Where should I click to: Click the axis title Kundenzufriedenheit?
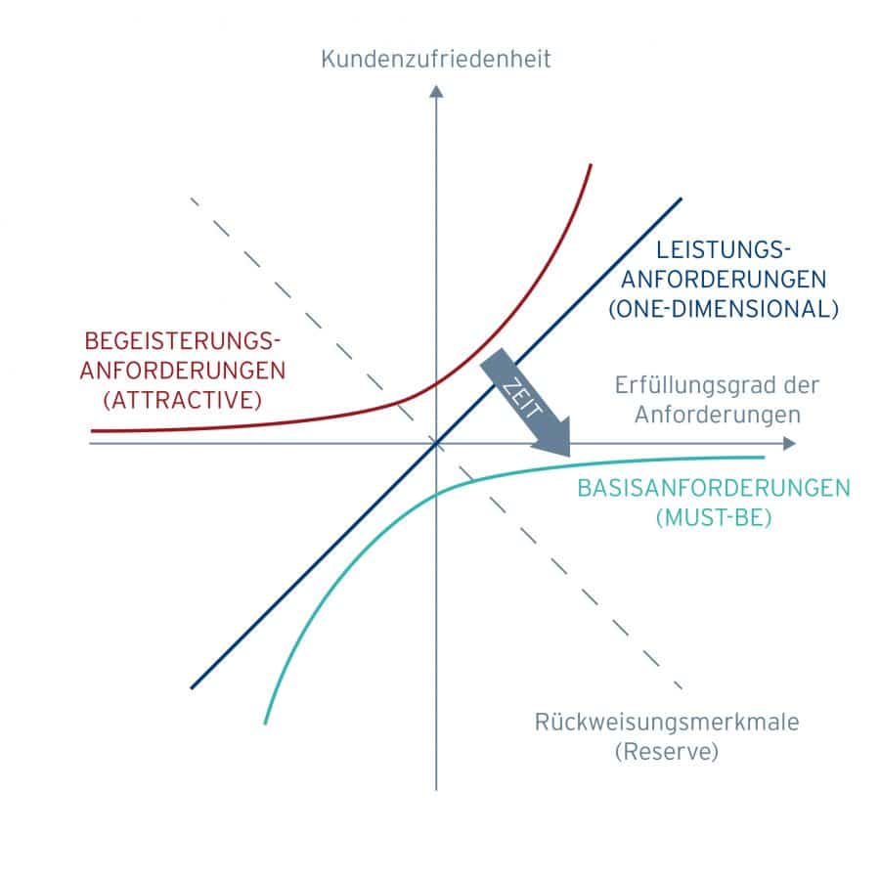pyautogui.click(x=436, y=60)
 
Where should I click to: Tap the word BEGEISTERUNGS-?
pyautogui.click(x=184, y=340)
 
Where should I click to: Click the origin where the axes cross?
pyautogui.click(x=436, y=443)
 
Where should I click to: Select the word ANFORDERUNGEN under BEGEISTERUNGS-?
pyautogui.click(x=184, y=371)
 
